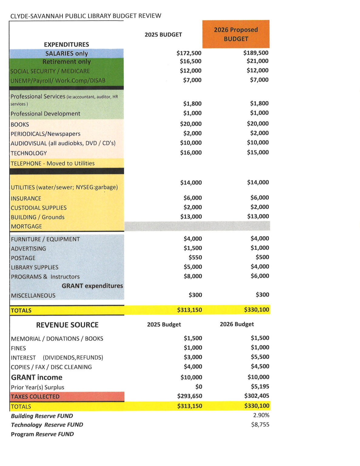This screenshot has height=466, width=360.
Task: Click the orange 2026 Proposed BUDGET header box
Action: pyautogui.click(x=236, y=34)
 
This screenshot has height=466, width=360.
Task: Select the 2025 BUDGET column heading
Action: pyautogui.click(x=163, y=35)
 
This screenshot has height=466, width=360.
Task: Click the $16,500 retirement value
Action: pyautogui.click(x=190, y=61)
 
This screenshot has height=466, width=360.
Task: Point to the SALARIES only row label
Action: pyautogui.click(x=66, y=53)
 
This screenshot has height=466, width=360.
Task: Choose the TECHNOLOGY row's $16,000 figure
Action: pyautogui.click(x=191, y=153)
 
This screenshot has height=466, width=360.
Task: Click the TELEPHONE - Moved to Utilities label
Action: pyautogui.click(x=52, y=163)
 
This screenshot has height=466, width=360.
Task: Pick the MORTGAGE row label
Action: pyautogui.click(x=26, y=226)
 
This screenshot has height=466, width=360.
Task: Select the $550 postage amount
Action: pyautogui.click(x=195, y=257)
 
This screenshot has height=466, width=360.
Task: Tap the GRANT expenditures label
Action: pyautogui.click(x=92, y=286)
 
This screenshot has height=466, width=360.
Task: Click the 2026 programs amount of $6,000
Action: pyautogui.click(x=260, y=276)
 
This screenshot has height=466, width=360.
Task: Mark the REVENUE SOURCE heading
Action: pyautogui.click(x=67, y=325)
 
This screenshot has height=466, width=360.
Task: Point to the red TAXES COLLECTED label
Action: pyautogui.click(x=35, y=397)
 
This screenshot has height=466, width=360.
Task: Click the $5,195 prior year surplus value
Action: pyautogui.click(x=260, y=387)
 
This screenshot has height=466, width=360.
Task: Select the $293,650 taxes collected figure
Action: pyautogui.click(x=190, y=396)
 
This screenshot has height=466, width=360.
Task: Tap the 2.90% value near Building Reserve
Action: pyautogui.click(x=261, y=415)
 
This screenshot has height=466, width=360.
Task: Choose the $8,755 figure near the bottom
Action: pyautogui.click(x=260, y=424)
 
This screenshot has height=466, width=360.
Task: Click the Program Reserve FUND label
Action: pyautogui.click(x=42, y=434)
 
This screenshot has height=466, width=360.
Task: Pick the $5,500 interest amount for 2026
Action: pyautogui.click(x=260, y=357)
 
